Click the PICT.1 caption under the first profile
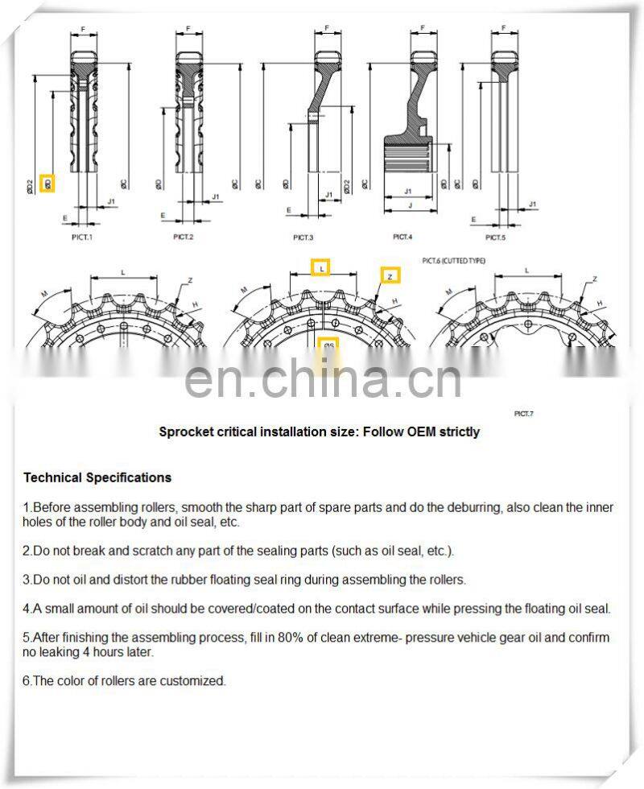pyautogui.click(x=81, y=237)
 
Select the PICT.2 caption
pyautogui.click(x=184, y=237)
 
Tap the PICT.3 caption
pyautogui.click(x=303, y=238)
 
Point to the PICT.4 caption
pyautogui.click(x=402, y=237)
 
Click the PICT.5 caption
pyautogui.click(x=496, y=238)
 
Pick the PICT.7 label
pyautogui.click(x=523, y=413)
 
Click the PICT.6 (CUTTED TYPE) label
pyautogui.click(x=454, y=261)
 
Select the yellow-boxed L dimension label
pyautogui.click(x=321, y=268)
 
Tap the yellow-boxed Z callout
pyautogui.click(x=390, y=275)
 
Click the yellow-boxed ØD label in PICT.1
pyautogui.click(x=47, y=184)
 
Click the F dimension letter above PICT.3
pyautogui.click(x=326, y=28)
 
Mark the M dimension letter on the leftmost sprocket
pyautogui.click(x=43, y=292)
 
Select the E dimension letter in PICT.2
pyautogui.click(x=163, y=215)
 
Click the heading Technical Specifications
pyautogui.click(x=97, y=477)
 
